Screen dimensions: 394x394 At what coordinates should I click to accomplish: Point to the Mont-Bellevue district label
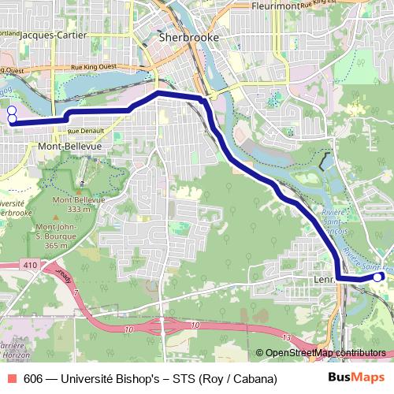click(69, 147)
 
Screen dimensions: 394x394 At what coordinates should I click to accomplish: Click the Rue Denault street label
click(85, 131)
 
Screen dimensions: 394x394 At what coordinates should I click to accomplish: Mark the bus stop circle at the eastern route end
click(377, 277)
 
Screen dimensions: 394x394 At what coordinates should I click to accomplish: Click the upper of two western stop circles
click(12, 110)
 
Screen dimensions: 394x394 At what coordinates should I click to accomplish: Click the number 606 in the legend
click(33, 379)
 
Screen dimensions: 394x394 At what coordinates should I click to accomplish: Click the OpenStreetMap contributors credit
click(325, 352)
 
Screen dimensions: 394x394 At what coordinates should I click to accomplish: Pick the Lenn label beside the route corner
click(324, 277)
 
